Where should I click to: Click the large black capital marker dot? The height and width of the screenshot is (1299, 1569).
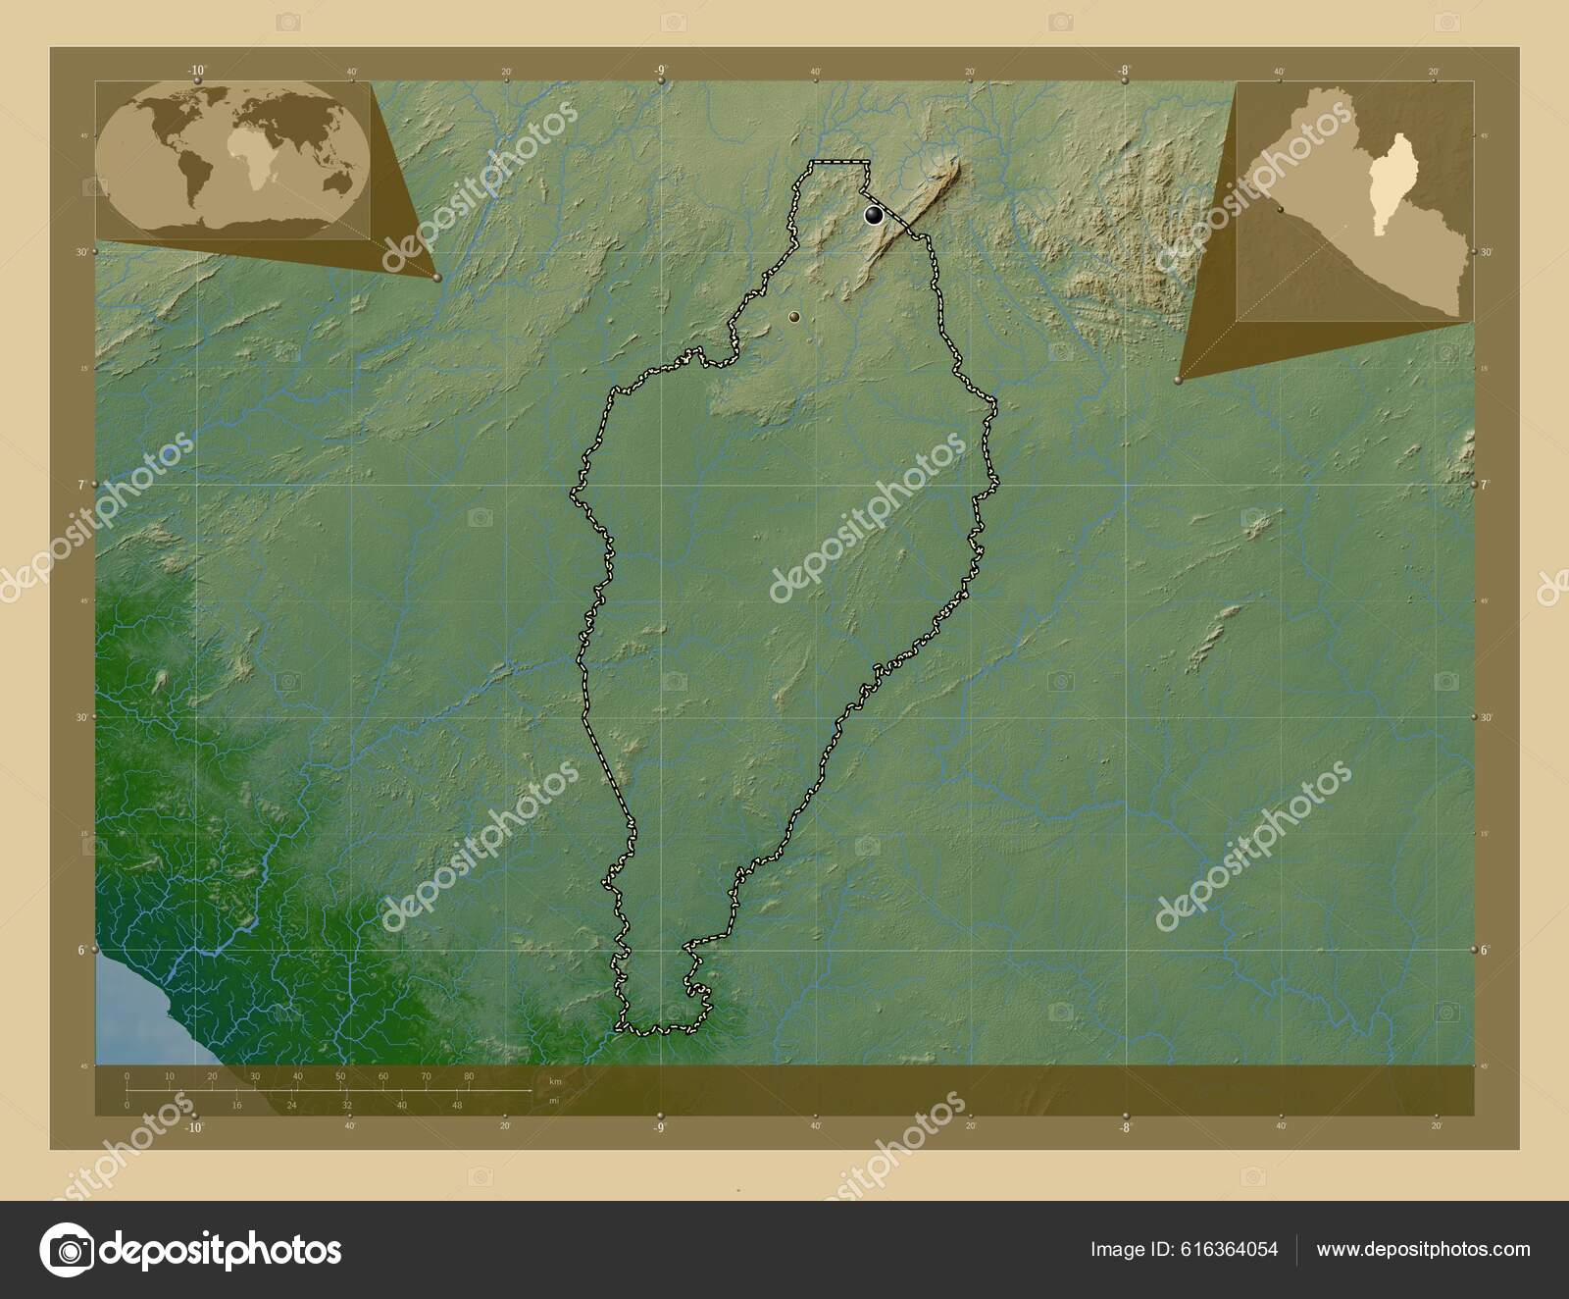pos(873,216)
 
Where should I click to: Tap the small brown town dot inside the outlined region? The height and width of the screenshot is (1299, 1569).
pos(793,317)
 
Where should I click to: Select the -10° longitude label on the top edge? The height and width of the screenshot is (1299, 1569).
pos(197,70)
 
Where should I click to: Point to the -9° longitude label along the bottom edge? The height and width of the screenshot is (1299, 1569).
pos(659,1127)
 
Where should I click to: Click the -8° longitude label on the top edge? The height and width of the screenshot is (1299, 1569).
pos(1124,70)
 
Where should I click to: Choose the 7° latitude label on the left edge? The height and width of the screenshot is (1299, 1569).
pos(83,485)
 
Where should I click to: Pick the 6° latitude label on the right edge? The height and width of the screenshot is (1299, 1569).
pos(1485,950)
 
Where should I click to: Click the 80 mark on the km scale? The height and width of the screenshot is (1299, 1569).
pos(469,1076)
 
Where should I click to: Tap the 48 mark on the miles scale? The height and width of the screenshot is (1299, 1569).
pos(456,1105)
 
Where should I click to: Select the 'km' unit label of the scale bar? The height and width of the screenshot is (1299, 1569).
pos(556,1081)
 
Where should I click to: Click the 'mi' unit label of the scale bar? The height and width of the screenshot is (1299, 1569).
pos(554,1100)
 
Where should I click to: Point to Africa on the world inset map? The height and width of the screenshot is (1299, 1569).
pos(248,162)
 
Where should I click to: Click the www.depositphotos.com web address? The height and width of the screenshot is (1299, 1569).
pos(1423,1249)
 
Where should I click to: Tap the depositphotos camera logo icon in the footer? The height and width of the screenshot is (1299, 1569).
pos(66,1249)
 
